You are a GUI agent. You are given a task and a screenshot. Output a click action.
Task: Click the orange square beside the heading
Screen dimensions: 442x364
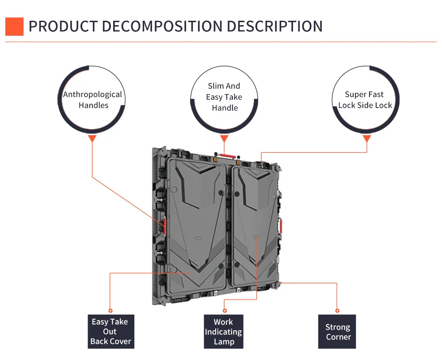click(14, 26)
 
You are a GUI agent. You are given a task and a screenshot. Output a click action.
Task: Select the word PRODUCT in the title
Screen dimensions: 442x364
click(62, 26)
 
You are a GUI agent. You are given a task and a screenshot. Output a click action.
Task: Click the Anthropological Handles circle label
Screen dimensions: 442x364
click(92, 100)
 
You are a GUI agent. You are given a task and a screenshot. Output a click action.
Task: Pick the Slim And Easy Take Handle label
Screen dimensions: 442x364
click(224, 97)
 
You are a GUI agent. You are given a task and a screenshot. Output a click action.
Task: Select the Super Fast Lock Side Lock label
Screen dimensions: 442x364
click(365, 100)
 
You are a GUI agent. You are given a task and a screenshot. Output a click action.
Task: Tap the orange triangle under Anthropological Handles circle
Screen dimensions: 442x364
click(92, 139)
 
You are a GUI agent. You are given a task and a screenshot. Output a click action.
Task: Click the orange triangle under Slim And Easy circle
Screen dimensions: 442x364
click(224, 139)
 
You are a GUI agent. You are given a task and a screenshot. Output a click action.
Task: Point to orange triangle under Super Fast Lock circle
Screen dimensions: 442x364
click(366, 139)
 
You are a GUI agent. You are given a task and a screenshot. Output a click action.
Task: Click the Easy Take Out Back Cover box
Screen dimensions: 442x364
click(110, 331)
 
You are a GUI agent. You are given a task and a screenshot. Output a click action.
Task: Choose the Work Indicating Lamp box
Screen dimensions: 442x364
click(223, 332)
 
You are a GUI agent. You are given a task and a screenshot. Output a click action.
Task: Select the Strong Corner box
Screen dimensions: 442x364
click(338, 332)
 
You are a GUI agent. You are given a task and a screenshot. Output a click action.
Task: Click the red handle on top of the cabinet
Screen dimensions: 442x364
click(228, 155)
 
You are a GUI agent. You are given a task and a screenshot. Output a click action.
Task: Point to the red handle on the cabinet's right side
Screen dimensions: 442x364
click(280, 226)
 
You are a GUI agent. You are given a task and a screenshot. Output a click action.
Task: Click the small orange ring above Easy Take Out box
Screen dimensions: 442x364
click(110, 311)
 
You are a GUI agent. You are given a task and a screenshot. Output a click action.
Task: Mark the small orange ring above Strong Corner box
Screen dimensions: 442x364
click(337, 311)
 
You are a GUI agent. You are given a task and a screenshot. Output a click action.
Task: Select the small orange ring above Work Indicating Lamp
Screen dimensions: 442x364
click(224, 311)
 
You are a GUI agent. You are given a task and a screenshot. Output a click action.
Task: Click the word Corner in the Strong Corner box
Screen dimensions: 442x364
click(338, 337)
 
